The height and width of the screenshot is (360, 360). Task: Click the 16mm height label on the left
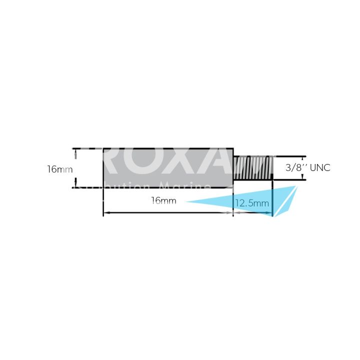coord(59,169)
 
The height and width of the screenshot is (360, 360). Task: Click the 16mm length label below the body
coord(163,200)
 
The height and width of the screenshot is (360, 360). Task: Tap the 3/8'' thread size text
coord(295,168)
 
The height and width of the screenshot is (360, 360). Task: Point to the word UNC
coord(320,168)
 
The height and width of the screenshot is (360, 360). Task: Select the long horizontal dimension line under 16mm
coord(168,213)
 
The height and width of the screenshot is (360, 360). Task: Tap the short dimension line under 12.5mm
coord(253,213)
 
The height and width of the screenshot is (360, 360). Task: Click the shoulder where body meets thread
coord(233,168)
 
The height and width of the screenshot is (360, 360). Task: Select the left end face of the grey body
coord(103,168)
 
